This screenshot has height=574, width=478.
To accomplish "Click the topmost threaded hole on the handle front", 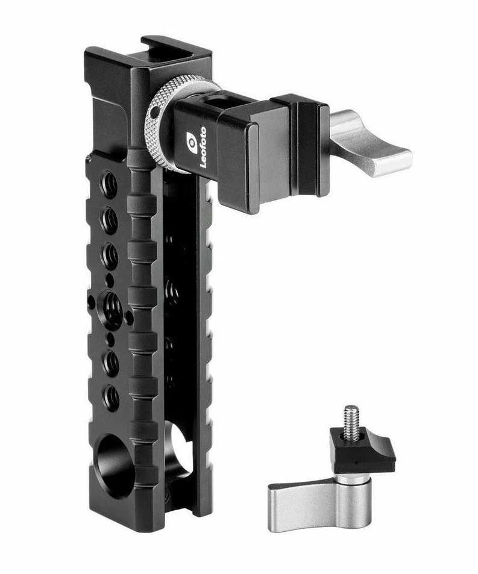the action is coord(108,184).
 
